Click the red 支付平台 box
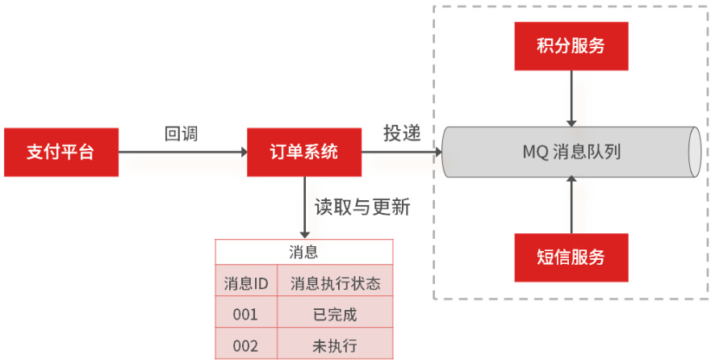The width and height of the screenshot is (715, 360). (61, 152)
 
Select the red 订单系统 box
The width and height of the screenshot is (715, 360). (304, 152)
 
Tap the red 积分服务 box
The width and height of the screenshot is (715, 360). (571, 45)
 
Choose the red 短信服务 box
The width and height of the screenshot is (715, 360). (571, 257)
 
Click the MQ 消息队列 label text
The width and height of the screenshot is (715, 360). (571, 152)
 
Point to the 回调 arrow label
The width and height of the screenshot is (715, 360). (181, 134)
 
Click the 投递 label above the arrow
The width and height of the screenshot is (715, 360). (401, 134)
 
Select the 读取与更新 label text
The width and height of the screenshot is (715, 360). (362, 207)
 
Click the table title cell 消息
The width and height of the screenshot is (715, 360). (304, 251)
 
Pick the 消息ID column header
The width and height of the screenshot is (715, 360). (246, 283)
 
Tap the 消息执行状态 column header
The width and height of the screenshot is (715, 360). (335, 283)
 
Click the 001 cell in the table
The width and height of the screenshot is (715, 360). (245, 314)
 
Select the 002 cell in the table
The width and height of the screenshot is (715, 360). (245, 345)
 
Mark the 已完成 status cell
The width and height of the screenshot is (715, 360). (335, 314)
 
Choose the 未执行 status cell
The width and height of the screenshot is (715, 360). (335, 345)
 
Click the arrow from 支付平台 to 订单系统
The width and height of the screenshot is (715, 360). (182, 152)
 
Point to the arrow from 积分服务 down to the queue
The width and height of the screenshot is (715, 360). (571, 97)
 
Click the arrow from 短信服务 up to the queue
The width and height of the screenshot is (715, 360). (571, 205)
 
